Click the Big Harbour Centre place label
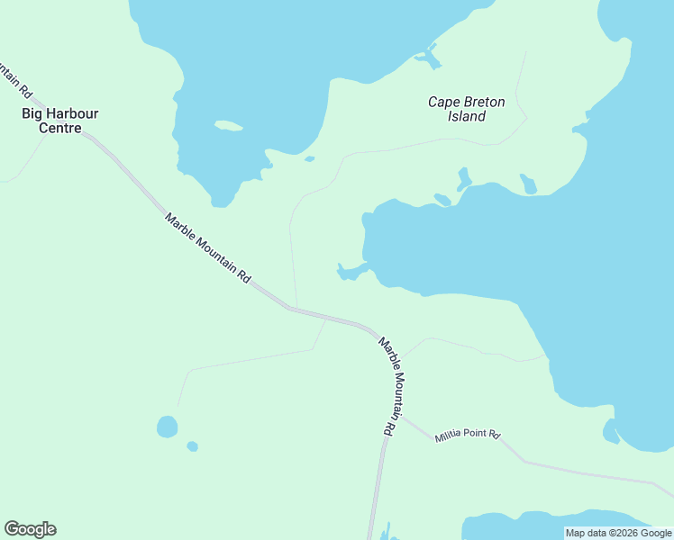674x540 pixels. point(60,121)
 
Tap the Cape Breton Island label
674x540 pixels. point(466,109)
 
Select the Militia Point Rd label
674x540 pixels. point(467,435)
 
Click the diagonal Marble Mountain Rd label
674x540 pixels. point(207,248)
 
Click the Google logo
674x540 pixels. point(30,529)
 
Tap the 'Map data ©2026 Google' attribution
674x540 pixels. point(618,533)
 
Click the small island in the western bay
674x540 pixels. point(229,126)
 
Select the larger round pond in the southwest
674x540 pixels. point(167,426)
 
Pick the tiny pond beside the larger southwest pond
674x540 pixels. point(192,446)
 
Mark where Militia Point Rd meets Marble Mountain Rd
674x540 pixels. point(401,416)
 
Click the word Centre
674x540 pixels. point(60,128)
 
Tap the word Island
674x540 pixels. point(467,116)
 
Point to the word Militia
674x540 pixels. point(448,436)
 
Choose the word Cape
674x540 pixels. point(444,102)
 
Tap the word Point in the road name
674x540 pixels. point(475,434)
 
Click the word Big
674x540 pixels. point(32,113)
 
